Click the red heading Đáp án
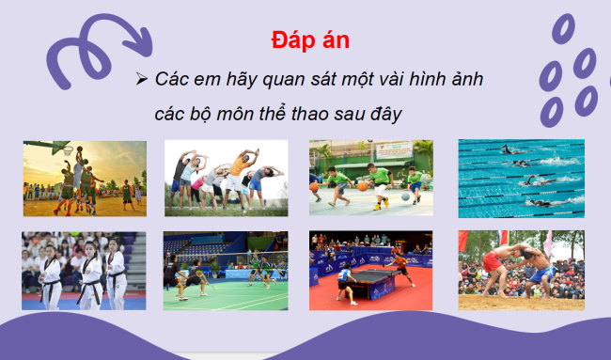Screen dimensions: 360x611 click(x=310, y=41)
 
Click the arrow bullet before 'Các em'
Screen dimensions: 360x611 click(x=142, y=80)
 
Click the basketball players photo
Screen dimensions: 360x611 click(x=85, y=179)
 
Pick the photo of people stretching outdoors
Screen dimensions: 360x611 click(x=226, y=179)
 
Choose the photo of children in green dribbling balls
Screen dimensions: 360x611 click(x=371, y=179)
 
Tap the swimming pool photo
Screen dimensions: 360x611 click(x=521, y=179)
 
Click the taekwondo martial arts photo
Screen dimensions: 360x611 click(x=85, y=271)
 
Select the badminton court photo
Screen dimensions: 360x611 click(x=226, y=271)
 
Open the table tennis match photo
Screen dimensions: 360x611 click(x=371, y=271)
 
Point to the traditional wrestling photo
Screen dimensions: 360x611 click(x=521, y=271)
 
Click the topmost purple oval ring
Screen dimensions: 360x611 click(x=564, y=29)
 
